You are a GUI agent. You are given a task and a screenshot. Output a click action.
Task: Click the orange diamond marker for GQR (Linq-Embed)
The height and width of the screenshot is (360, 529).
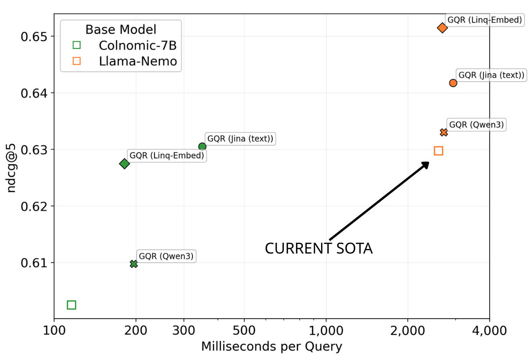point(442,28)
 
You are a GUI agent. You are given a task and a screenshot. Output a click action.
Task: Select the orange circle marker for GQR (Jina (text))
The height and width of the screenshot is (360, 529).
point(453,83)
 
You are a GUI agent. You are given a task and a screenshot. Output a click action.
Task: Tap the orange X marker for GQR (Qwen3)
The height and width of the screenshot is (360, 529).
point(444,132)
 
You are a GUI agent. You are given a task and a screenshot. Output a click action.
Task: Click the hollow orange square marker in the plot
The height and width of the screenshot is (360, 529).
point(438,151)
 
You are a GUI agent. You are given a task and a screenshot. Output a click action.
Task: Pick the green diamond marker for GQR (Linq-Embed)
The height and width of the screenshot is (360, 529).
point(124,164)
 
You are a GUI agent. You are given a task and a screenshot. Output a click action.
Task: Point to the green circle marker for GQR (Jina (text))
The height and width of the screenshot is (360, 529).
point(202,147)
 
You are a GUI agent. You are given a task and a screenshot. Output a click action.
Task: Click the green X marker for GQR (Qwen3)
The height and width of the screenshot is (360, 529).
point(134,264)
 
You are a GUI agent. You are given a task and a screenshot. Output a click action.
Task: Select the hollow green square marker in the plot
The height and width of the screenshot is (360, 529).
point(72,305)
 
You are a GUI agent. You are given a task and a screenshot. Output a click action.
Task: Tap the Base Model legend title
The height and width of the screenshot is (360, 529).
point(121,29)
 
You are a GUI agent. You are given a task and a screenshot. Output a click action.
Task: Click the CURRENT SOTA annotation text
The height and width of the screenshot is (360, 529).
point(318,249)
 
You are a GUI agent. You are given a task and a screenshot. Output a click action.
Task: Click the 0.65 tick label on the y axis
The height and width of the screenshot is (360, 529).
point(34,37)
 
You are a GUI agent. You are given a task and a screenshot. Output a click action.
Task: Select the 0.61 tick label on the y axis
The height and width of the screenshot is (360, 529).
point(34,263)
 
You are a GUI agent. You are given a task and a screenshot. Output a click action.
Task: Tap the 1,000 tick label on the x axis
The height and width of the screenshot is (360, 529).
point(326,331)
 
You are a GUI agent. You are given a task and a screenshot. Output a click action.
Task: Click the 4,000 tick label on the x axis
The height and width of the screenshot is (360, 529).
point(489,331)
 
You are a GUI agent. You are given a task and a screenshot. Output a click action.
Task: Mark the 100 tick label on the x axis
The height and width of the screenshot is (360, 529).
point(54,331)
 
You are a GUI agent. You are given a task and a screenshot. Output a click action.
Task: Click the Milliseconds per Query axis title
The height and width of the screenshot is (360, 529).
point(271,346)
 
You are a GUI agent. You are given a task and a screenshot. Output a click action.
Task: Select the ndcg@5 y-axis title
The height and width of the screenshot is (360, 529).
point(11,168)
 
